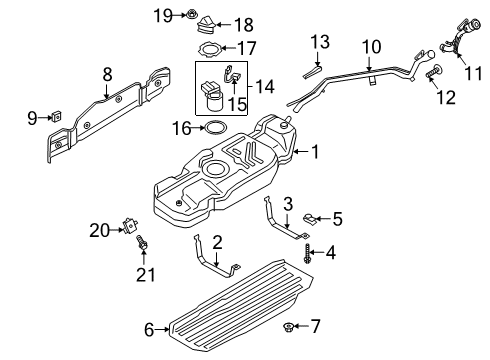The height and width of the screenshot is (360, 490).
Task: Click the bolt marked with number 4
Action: (309, 255)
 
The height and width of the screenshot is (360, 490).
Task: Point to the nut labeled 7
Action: (312, 216)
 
